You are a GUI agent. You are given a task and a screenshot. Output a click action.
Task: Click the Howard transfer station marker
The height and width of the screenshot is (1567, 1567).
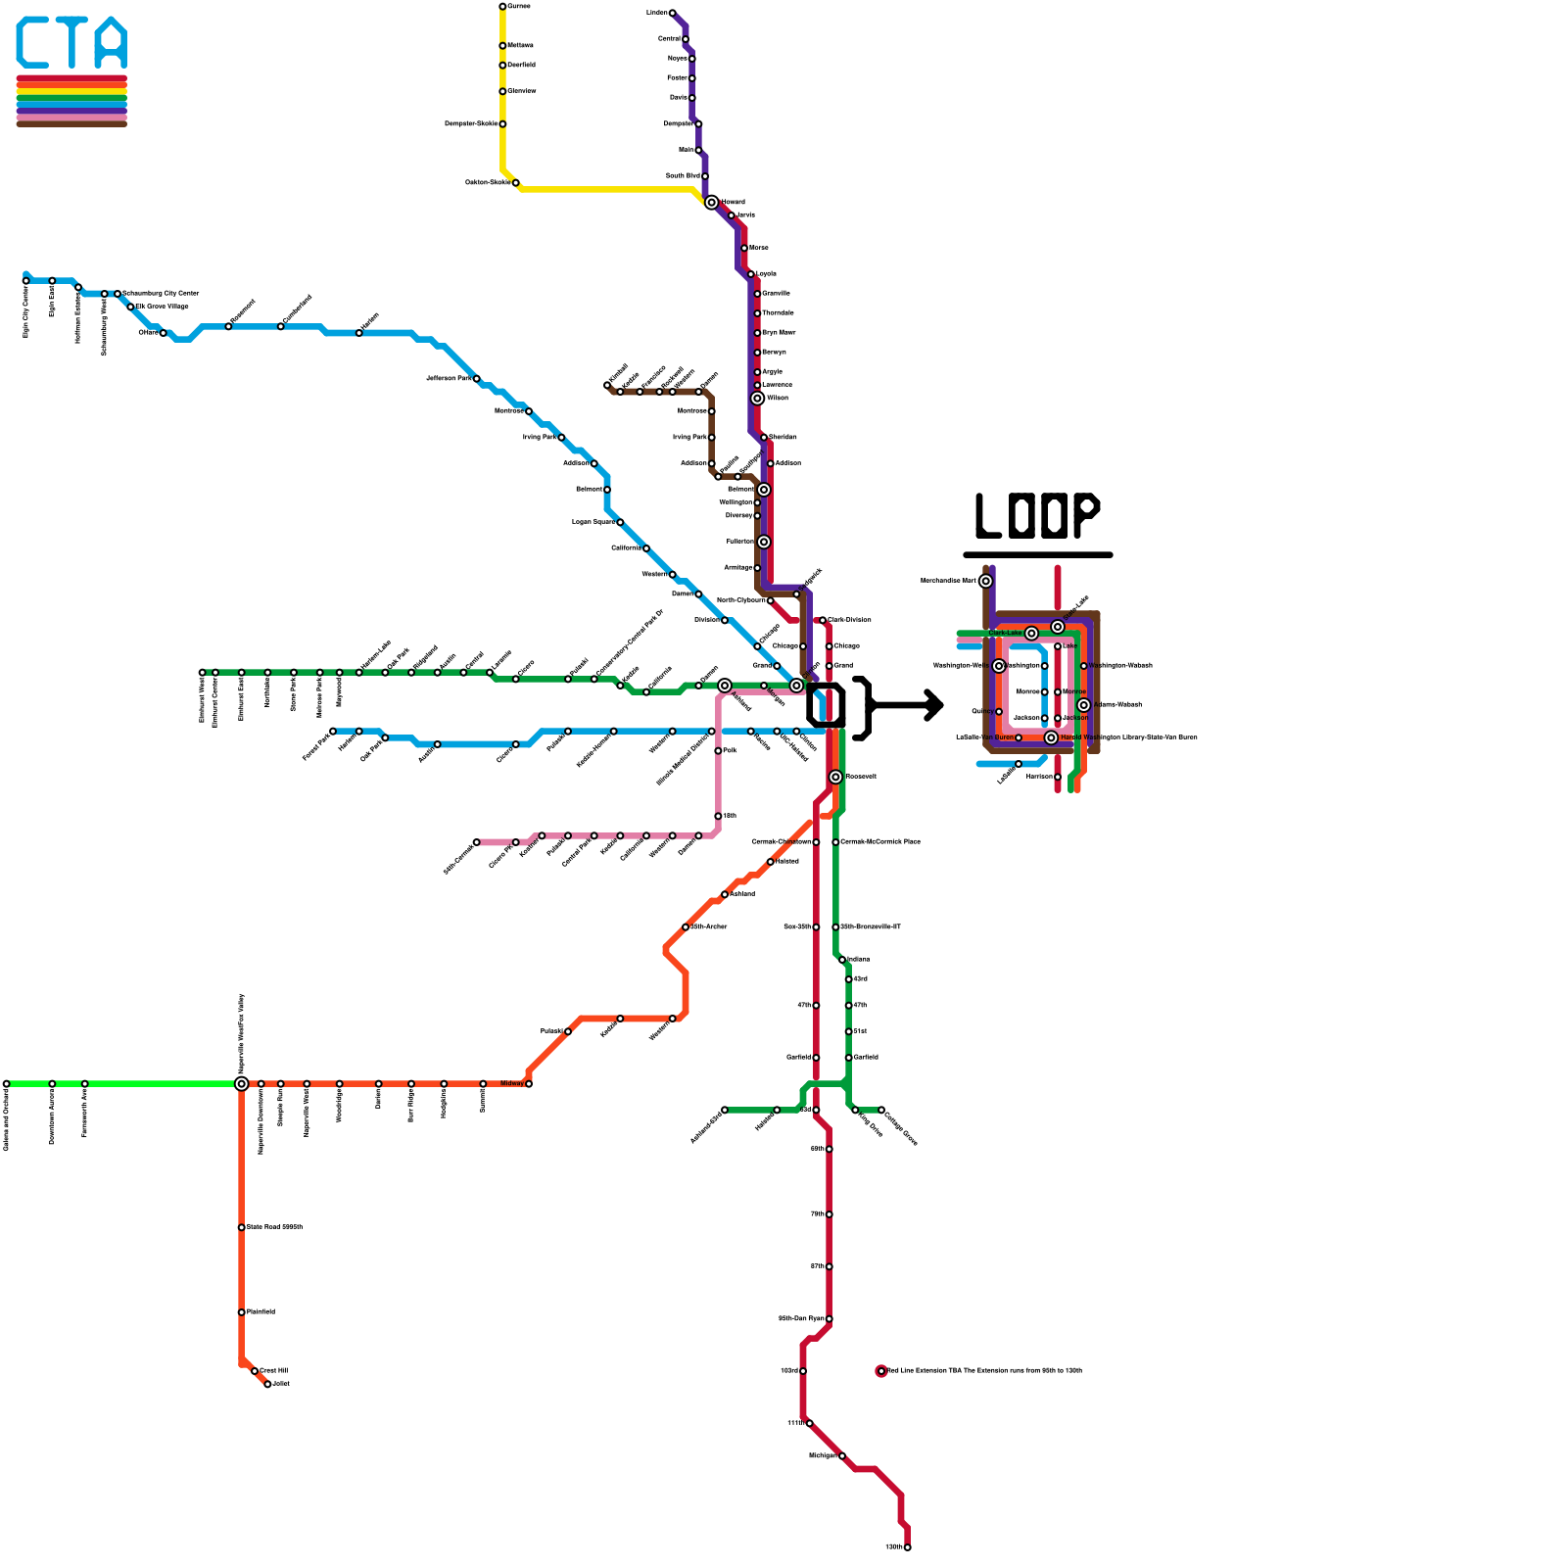[711, 203]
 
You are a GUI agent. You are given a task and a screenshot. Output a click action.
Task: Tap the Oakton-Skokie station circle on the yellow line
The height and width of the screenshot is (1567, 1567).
[516, 183]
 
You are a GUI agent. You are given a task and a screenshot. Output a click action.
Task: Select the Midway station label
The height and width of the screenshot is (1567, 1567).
[511, 1083]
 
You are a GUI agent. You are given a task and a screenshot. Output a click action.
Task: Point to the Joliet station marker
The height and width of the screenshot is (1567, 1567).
[267, 1384]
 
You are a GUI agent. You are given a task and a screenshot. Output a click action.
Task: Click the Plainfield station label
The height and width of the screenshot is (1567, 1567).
[261, 1311]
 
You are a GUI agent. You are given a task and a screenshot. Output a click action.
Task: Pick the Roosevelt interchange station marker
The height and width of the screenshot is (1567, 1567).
[835, 777]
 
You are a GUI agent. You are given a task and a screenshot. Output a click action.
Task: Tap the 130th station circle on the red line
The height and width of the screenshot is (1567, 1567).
[908, 1547]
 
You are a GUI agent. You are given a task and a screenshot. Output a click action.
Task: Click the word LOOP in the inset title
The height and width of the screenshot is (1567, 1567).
[1037, 516]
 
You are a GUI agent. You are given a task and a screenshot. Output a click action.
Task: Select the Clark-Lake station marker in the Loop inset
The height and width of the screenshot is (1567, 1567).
[1031, 634]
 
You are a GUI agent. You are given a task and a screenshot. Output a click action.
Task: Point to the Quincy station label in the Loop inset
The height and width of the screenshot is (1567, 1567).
[981, 711]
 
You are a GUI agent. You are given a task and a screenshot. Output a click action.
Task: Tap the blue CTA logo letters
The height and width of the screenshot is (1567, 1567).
[71, 44]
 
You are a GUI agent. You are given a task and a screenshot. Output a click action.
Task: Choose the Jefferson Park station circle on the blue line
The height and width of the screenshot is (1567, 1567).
[477, 379]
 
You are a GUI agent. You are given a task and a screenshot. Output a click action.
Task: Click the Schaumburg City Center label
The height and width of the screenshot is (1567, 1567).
[161, 293]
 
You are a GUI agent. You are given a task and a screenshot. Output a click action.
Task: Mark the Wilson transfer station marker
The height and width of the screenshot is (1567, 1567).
[757, 399]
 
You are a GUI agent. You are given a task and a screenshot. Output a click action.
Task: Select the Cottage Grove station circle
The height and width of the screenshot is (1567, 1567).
[881, 1110]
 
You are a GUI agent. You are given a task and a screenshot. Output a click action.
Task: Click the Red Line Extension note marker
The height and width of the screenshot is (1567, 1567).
[881, 1371]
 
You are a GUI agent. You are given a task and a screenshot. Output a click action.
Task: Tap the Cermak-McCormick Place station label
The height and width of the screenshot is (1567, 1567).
[880, 841]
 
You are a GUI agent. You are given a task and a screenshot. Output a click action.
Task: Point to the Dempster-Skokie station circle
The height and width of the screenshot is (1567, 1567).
[502, 124]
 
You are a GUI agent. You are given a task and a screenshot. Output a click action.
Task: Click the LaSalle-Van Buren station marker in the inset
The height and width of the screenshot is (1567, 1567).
[1019, 737]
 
